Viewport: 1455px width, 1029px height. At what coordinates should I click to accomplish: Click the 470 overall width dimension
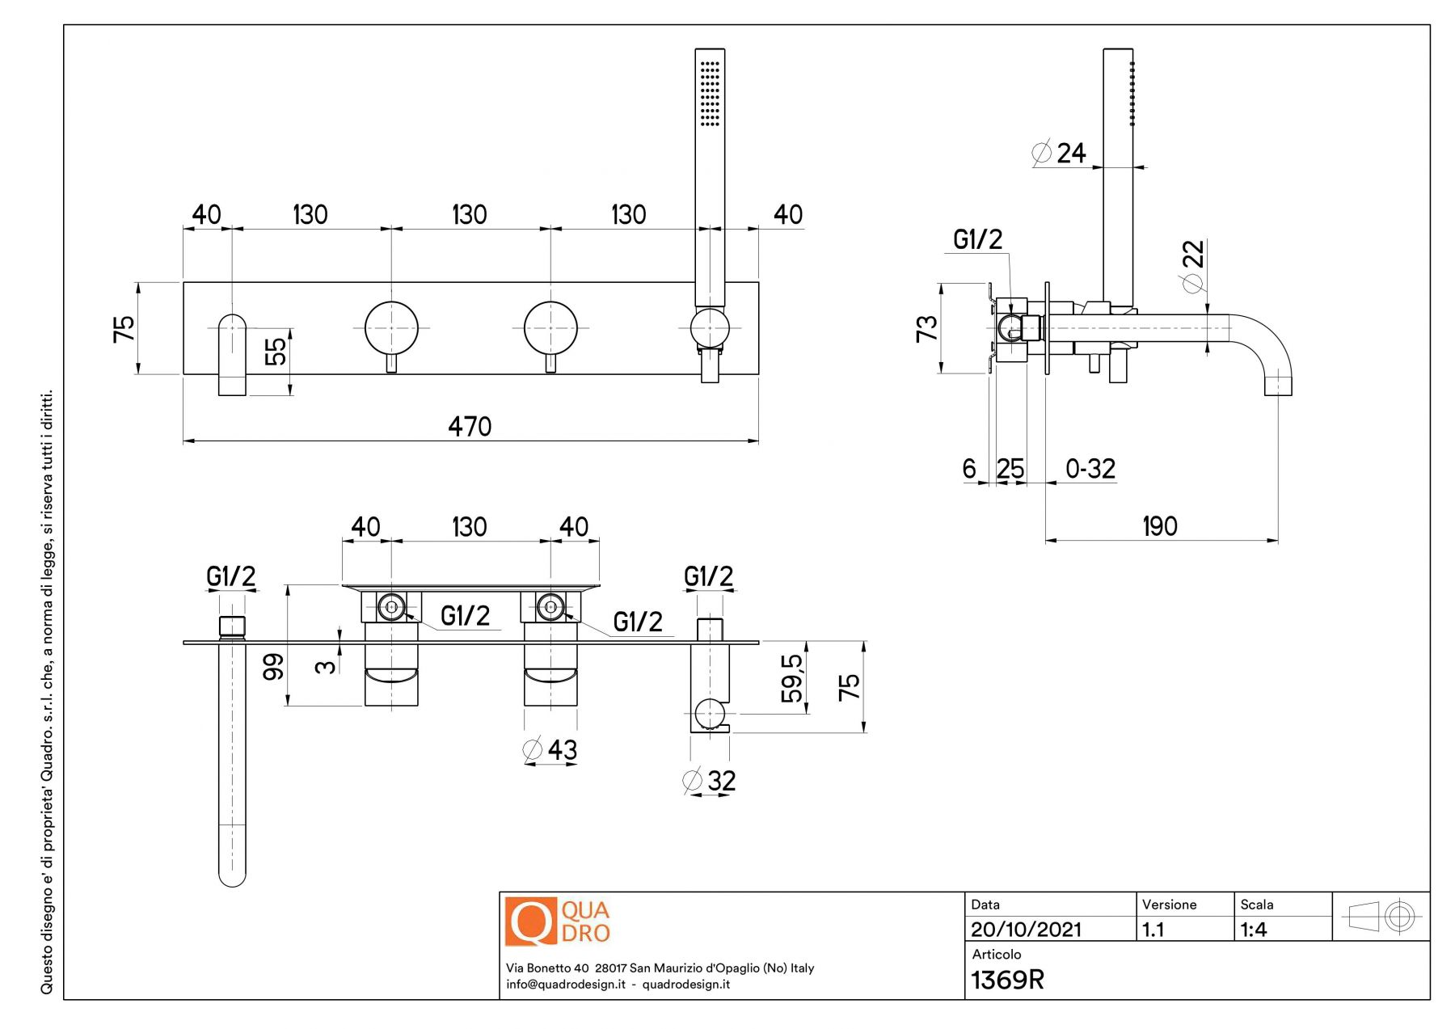pyautogui.click(x=470, y=426)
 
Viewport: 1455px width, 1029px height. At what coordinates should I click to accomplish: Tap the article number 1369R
pyautogui.click(x=1007, y=980)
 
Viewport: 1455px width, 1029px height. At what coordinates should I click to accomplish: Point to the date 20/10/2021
pyautogui.click(x=1026, y=930)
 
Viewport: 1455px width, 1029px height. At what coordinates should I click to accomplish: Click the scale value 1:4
pyautogui.click(x=1254, y=930)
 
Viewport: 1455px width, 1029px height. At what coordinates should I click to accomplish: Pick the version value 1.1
pyautogui.click(x=1153, y=930)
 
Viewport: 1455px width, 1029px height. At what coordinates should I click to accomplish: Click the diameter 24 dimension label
pyautogui.click(x=1060, y=153)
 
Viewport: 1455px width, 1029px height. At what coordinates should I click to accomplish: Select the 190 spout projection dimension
pyautogui.click(x=1159, y=526)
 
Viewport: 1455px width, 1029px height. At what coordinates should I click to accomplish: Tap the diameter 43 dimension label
pyautogui.click(x=550, y=750)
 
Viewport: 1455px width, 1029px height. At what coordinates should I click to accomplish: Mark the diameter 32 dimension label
pyautogui.click(x=710, y=781)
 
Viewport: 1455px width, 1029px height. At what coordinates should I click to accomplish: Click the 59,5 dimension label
pyautogui.click(x=793, y=677)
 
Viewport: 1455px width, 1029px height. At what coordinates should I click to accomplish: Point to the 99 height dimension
pyautogui.click(x=274, y=666)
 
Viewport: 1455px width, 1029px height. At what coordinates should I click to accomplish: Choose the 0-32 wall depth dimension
pyautogui.click(x=1090, y=469)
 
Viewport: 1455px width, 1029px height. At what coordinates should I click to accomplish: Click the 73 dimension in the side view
pyautogui.click(x=926, y=328)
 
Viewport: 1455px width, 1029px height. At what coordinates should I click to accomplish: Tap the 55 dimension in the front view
pyautogui.click(x=276, y=351)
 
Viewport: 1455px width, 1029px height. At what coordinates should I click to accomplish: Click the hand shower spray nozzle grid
pyautogui.click(x=710, y=93)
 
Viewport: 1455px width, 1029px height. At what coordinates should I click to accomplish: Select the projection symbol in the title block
pyautogui.click(x=1381, y=917)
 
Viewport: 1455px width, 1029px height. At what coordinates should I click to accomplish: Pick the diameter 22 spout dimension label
pyautogui.click(x=1193, y=265)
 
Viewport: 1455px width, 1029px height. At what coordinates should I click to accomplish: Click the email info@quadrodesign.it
pyautogui.click(x=566, y=985)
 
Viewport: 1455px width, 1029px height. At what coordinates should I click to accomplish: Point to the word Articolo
pyautogui.click(x=996, y=955)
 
